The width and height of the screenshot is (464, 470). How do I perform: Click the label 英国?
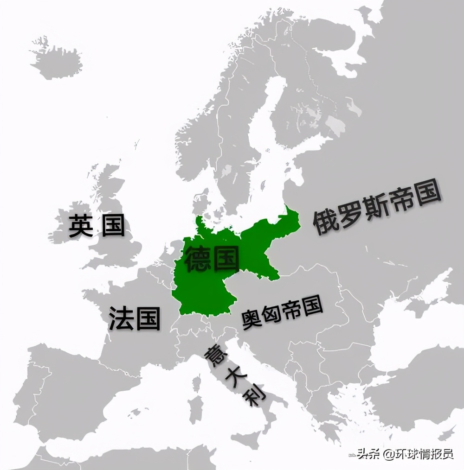pos(97,225)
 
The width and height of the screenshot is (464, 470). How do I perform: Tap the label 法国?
pos(135,318)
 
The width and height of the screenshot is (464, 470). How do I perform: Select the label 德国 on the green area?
pos(212,259)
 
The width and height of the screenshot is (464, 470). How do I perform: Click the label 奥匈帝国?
pos(282,314)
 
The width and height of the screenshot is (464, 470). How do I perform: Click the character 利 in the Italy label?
pos(255,395)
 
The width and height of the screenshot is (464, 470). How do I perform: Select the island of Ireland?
pos(70,227)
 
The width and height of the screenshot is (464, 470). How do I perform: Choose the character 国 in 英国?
pos(114,225)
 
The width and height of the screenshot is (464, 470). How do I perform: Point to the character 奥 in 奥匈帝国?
pos(251,320)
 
